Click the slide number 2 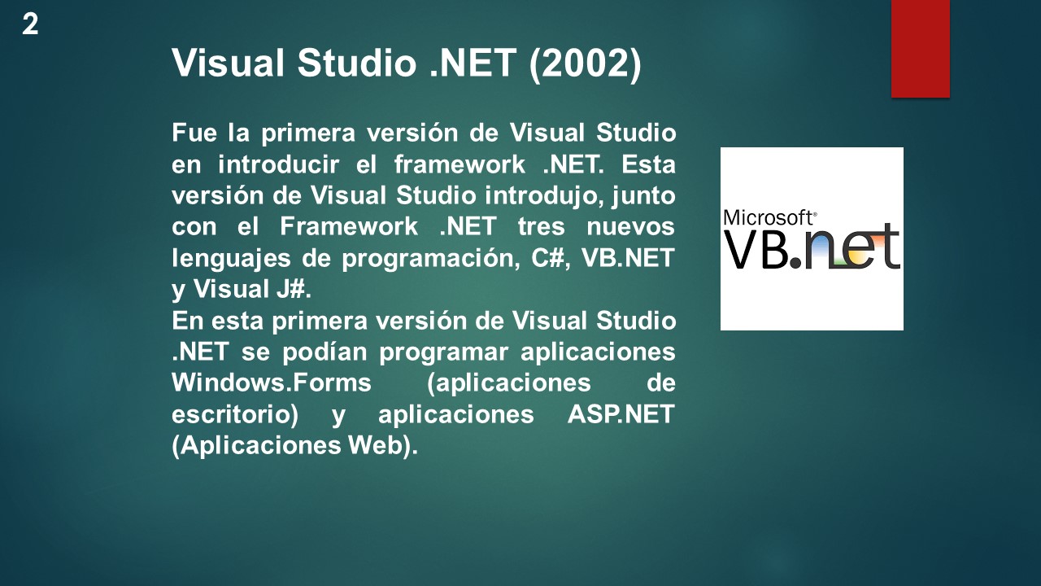(30, 24)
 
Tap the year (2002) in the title (585, 63)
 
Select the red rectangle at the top (920, 48)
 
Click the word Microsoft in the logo (769, 217)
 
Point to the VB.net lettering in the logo (812, 248)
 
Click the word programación (431, 258)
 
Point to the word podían (322, 352)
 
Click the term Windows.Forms (272, 383)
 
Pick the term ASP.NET (621, 415)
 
